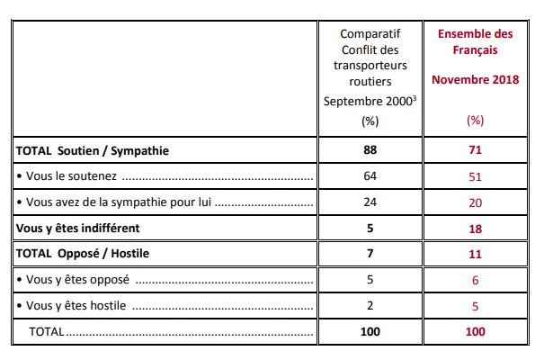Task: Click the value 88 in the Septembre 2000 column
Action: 370,150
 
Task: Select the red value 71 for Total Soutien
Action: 475,150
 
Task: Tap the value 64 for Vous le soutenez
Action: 370,176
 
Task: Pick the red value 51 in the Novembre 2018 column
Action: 475,176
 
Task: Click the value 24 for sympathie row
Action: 370,202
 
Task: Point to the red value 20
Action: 475,202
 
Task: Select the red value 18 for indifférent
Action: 475,229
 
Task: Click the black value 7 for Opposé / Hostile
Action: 370,254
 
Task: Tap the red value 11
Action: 475,254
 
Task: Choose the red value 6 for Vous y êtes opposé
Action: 475,280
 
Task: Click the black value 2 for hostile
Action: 370,305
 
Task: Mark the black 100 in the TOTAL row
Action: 370,331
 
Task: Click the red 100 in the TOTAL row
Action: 475,331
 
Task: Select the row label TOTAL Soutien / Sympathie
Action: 93,150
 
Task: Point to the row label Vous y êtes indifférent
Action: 77,228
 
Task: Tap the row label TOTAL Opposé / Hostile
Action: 83,254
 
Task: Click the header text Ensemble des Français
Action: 475,41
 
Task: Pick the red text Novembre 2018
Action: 475,79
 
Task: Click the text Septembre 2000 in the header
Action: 368,102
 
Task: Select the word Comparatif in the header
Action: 370,34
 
